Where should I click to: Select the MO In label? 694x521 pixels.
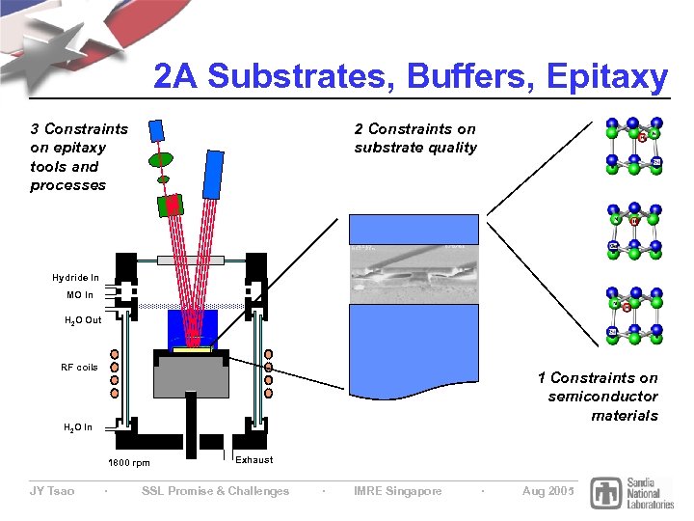pyautogui.click(x=80, y=295)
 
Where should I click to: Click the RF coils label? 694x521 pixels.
pyautogui.click(x=79, y=367)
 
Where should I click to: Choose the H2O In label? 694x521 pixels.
pyautogui.click(x=77, y=427)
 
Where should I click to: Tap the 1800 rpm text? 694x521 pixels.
pyautogui.click(x=128, y=463)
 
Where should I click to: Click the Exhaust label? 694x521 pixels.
pyautogui.click(x=254, y=460)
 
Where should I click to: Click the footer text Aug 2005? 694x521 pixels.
pyautogui.click(x=547, y=491)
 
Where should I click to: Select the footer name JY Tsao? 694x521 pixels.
pyautogui.click(x=51, y=491)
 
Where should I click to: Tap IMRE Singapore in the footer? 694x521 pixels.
pyautogui.click(x=398, y=491)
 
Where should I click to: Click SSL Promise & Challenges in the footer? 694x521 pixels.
pyautogui.click(x=215, y=491)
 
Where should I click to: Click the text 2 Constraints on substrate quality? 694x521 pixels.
pyautogui.click(x=414, y=138)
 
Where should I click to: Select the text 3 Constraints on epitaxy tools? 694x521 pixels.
pyautogui.click(x=78, y=156)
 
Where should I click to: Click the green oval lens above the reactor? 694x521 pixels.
pyautogui.click(x=161, y=158)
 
